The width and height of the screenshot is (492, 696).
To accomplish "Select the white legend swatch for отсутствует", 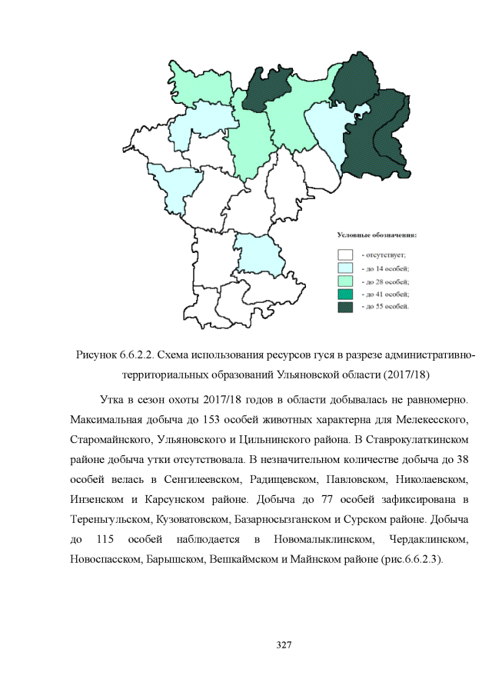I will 345,254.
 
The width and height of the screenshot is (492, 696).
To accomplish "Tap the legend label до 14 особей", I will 385,268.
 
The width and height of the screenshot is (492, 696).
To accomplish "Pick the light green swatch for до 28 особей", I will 345,281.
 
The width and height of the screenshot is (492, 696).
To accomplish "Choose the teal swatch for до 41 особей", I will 345,294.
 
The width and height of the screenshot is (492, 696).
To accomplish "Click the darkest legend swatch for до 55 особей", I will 345,307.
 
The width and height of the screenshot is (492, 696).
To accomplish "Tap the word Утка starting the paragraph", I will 113,401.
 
